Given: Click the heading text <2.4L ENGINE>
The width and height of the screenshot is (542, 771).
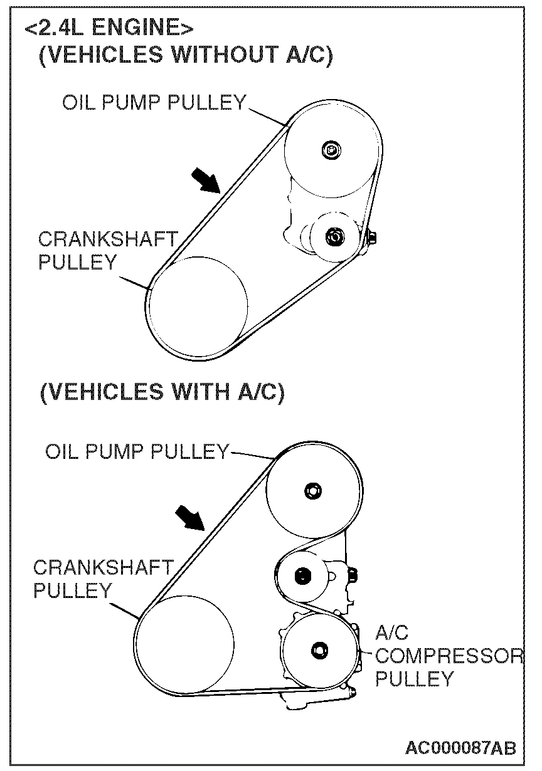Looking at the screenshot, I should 108,29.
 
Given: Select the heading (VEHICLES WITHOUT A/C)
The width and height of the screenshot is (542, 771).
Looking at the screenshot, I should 186,55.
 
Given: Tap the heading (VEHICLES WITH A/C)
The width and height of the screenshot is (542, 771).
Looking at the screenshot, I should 162,392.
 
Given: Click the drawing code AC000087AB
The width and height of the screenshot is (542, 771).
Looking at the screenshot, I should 460,748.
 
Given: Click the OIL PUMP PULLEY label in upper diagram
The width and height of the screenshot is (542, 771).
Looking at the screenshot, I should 154,102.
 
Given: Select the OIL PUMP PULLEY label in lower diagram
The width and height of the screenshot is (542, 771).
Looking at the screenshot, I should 137,451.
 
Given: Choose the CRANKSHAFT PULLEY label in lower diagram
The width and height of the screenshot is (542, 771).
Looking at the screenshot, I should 102,579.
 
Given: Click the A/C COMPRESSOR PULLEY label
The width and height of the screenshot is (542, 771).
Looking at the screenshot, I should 449,656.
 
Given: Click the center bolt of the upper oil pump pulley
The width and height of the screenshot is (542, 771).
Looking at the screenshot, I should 330,149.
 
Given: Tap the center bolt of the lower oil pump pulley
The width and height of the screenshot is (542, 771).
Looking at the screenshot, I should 312,490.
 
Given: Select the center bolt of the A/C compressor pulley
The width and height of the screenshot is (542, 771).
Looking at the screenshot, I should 321,649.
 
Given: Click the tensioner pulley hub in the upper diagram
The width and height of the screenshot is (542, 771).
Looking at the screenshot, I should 334,236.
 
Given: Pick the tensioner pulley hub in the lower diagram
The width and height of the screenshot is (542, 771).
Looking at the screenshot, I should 302,574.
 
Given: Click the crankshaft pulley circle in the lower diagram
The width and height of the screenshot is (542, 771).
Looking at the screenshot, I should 186,644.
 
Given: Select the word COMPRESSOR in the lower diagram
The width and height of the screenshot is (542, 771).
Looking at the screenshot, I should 449,656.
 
